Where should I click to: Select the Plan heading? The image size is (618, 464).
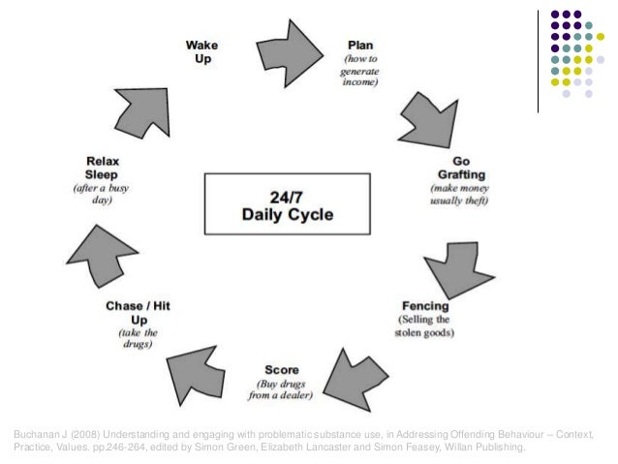click(362, 46)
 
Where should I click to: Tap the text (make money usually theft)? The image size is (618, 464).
click(458, 194)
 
